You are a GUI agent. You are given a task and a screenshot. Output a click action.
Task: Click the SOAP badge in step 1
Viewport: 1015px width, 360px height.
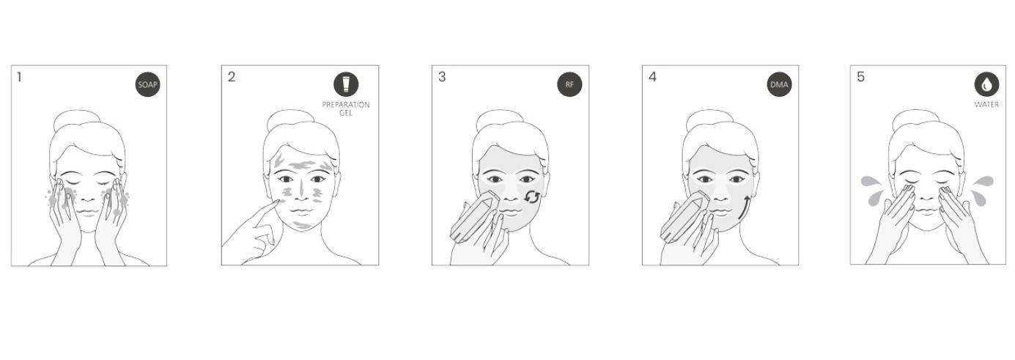(x=148, y=84)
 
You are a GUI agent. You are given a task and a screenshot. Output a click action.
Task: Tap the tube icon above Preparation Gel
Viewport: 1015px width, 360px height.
(x=346, y=84)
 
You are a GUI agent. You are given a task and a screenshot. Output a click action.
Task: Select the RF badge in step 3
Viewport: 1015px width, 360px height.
(x=569, y=84)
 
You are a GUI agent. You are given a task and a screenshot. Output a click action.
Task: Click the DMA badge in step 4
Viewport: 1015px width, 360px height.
(x=779, y=84)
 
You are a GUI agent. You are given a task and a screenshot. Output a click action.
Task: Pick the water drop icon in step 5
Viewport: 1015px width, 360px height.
(x=986, y=84)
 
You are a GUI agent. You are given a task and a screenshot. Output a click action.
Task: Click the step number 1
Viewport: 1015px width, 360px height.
(x=19, y=77)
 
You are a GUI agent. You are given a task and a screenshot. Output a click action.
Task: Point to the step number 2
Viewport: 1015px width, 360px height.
(x=232, y=77)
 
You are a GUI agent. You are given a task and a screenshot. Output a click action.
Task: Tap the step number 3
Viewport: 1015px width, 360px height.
(x=442, y=77)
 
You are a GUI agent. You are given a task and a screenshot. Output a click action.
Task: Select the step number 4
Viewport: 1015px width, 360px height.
(x=652, y=77)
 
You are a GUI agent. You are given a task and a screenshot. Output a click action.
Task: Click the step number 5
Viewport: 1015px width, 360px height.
(x=861, y=77)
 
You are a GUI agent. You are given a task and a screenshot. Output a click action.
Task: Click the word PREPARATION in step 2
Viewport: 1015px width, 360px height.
(x=346, y=105)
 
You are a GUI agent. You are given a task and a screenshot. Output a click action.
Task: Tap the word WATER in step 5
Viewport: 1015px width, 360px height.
(x=986, y=105)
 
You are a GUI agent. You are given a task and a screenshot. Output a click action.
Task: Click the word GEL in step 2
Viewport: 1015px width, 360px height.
(x=346, y=113)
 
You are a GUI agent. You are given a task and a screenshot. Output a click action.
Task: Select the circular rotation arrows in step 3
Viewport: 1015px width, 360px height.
(x=532, y=196)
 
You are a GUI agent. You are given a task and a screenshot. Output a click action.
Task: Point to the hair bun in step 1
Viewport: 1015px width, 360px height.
(x=76, y=120)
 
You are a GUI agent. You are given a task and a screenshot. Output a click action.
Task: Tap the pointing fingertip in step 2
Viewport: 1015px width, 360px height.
(x=276, y=202)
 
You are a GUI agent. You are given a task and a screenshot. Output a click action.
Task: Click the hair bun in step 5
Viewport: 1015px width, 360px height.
(x=915, y=120)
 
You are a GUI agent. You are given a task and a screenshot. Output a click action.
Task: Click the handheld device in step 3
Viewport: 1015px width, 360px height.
(x=473, y=218)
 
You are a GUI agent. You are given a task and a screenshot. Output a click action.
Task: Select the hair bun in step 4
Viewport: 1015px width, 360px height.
(x=709, y=120)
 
